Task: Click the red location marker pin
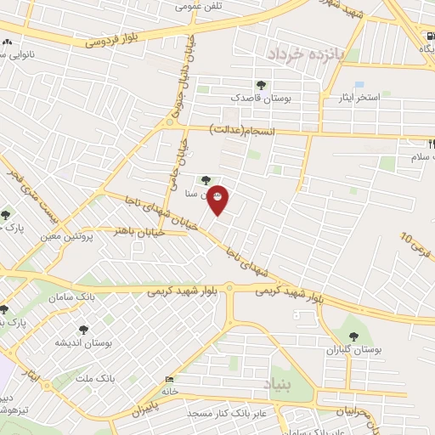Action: (217, 199)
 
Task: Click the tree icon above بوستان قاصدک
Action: (260, 84)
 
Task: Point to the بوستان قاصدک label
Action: (261, 99)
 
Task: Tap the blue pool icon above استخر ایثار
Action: (359, 84)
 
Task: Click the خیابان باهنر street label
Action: (133, 230)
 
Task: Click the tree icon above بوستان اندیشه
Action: (82, 329)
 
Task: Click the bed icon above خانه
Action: (170, 379)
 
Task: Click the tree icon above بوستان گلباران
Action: (354, 334)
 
